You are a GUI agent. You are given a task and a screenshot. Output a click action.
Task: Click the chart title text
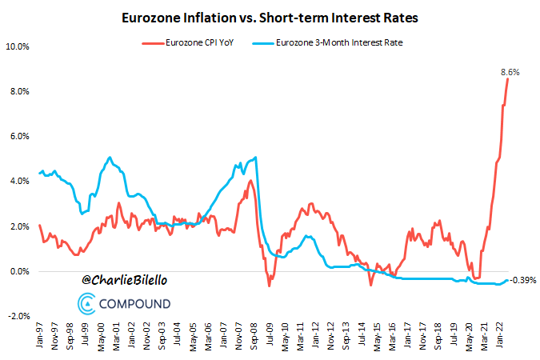[270, 17]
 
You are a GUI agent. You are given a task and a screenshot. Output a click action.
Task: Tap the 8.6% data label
[510, 72]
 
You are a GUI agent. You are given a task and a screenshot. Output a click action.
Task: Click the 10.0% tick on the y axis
[18, 46]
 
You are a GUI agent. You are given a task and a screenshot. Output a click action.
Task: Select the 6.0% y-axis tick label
[19, 137]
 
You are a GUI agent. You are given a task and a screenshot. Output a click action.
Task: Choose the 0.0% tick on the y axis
[19, 272]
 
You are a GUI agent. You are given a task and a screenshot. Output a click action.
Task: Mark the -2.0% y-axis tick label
[18, 317]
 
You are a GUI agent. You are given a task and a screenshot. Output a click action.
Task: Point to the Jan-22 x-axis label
[501, 337]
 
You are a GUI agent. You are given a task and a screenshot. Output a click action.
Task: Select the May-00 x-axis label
[102, 337]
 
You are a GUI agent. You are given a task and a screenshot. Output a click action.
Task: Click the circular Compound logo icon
[87, 303]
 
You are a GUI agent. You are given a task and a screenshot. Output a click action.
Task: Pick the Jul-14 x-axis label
[362, 337]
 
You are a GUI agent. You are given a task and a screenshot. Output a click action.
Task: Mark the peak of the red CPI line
[508, 78]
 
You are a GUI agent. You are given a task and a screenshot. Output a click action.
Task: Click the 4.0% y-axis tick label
[19, 182]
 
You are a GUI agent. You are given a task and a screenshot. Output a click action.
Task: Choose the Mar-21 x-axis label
[486, 337]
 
